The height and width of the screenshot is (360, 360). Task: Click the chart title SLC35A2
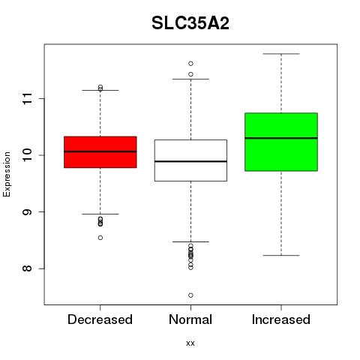pos(190,23)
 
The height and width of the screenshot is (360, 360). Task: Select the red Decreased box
pos(100,152)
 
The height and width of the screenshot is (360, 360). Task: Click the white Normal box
pos(190,160)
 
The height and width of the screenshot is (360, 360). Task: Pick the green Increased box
pos(281,142)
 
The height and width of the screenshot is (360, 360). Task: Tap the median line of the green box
pos(281,138)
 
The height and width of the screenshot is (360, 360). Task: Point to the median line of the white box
pos(190,161)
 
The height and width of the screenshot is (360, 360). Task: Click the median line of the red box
pos(100,151)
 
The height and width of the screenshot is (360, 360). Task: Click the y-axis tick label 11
pos(28,99)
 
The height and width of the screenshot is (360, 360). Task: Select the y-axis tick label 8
pos(28,268)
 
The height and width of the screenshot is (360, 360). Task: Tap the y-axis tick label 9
pos(28,212)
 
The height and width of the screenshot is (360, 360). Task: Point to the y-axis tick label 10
pos(28,155)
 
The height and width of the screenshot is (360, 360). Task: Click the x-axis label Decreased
pos(100,319)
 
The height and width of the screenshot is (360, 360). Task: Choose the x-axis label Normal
pos(190,319)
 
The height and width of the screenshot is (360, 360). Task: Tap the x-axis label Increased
pos(281,319)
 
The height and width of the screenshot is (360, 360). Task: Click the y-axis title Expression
pos(7,174)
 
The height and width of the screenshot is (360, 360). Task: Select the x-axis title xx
pos(190,343)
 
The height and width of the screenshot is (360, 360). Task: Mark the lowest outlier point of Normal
pos(190,295)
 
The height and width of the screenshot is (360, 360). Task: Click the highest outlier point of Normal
pos(190,64)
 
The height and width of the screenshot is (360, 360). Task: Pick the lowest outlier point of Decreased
pos(100,238)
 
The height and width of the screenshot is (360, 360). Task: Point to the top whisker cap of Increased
pos(281,54)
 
